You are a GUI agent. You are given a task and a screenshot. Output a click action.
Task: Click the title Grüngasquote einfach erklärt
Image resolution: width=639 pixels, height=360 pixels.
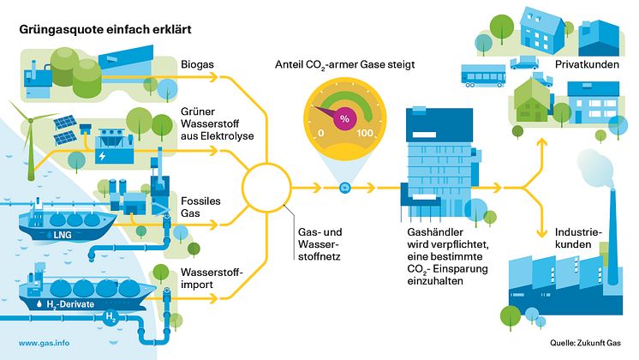(x=105, y=30)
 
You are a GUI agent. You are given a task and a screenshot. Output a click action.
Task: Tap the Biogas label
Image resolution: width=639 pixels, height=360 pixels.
(x=197, y=65)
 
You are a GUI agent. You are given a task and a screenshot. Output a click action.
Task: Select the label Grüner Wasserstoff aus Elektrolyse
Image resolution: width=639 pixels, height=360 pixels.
(x=218, y=123)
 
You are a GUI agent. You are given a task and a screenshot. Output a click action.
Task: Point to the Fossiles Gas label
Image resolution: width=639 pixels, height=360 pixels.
(x=200, y=207)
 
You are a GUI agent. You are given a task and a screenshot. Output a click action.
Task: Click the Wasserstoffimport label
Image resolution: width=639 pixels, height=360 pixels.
(x=212, y=279)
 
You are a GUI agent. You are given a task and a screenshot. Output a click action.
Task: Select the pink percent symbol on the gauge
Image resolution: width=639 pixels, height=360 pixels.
(x=344, y=118)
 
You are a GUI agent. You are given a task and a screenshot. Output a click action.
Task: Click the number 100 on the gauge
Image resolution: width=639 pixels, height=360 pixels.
(x=365, y=133)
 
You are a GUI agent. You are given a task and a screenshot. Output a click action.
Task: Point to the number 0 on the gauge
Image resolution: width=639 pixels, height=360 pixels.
(x=320, y=133)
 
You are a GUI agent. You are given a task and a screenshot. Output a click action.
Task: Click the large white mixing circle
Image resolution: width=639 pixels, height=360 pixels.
(x=266, y=188)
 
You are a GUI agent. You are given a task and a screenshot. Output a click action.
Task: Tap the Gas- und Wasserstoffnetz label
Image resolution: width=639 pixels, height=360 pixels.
(x=319, y=244)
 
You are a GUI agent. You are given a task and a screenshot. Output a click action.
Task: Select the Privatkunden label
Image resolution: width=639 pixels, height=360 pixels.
(x=587, y=64)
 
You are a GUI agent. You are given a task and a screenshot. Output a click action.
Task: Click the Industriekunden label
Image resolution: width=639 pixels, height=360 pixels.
(x=578, y=238)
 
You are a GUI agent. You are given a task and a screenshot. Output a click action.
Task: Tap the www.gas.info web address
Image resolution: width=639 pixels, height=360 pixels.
(x=44, y=343)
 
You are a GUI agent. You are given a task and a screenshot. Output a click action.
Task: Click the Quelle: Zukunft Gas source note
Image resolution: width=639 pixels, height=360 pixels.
(x=585, y=343)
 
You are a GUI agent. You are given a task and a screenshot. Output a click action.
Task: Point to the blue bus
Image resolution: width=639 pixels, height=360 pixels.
(x=483, y=75)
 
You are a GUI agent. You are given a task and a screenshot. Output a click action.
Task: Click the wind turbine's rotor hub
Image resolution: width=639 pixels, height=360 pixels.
(x=30, y=120)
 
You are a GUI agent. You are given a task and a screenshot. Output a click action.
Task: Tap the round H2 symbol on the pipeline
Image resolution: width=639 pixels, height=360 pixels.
(x=110, y=317)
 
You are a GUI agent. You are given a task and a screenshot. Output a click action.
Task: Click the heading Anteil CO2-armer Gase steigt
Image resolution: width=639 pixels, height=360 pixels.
(x=344, y=65)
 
